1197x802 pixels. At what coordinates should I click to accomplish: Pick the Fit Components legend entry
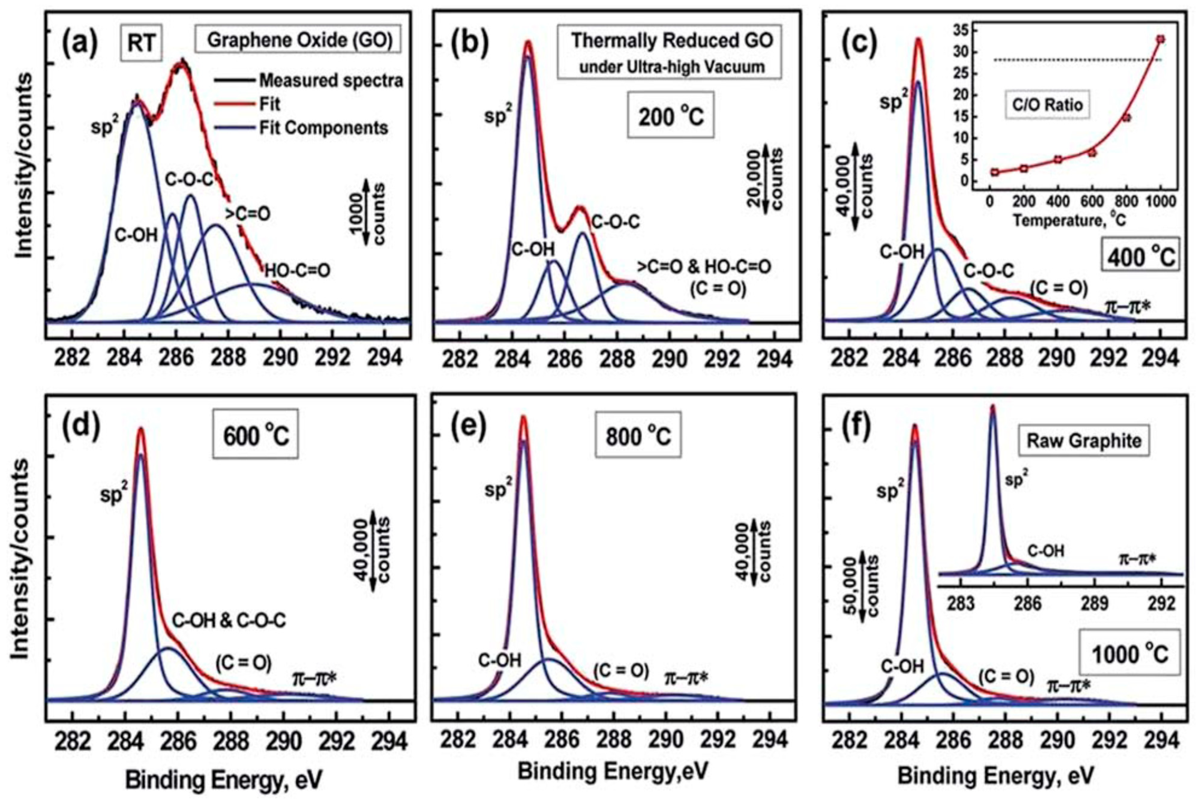[x=323, y=128]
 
